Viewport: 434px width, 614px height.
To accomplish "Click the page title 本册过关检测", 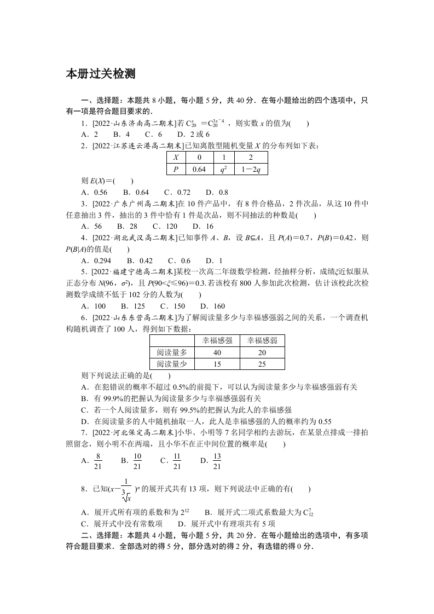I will point(100,73).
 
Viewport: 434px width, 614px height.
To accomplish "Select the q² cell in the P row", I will point(224,169).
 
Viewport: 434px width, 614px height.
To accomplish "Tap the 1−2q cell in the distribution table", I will point(251,169).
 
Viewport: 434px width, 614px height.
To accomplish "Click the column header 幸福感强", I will point(217,340).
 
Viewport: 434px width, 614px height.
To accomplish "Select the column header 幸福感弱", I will point(262,340).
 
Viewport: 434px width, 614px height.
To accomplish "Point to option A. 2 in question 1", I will point(89,134).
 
